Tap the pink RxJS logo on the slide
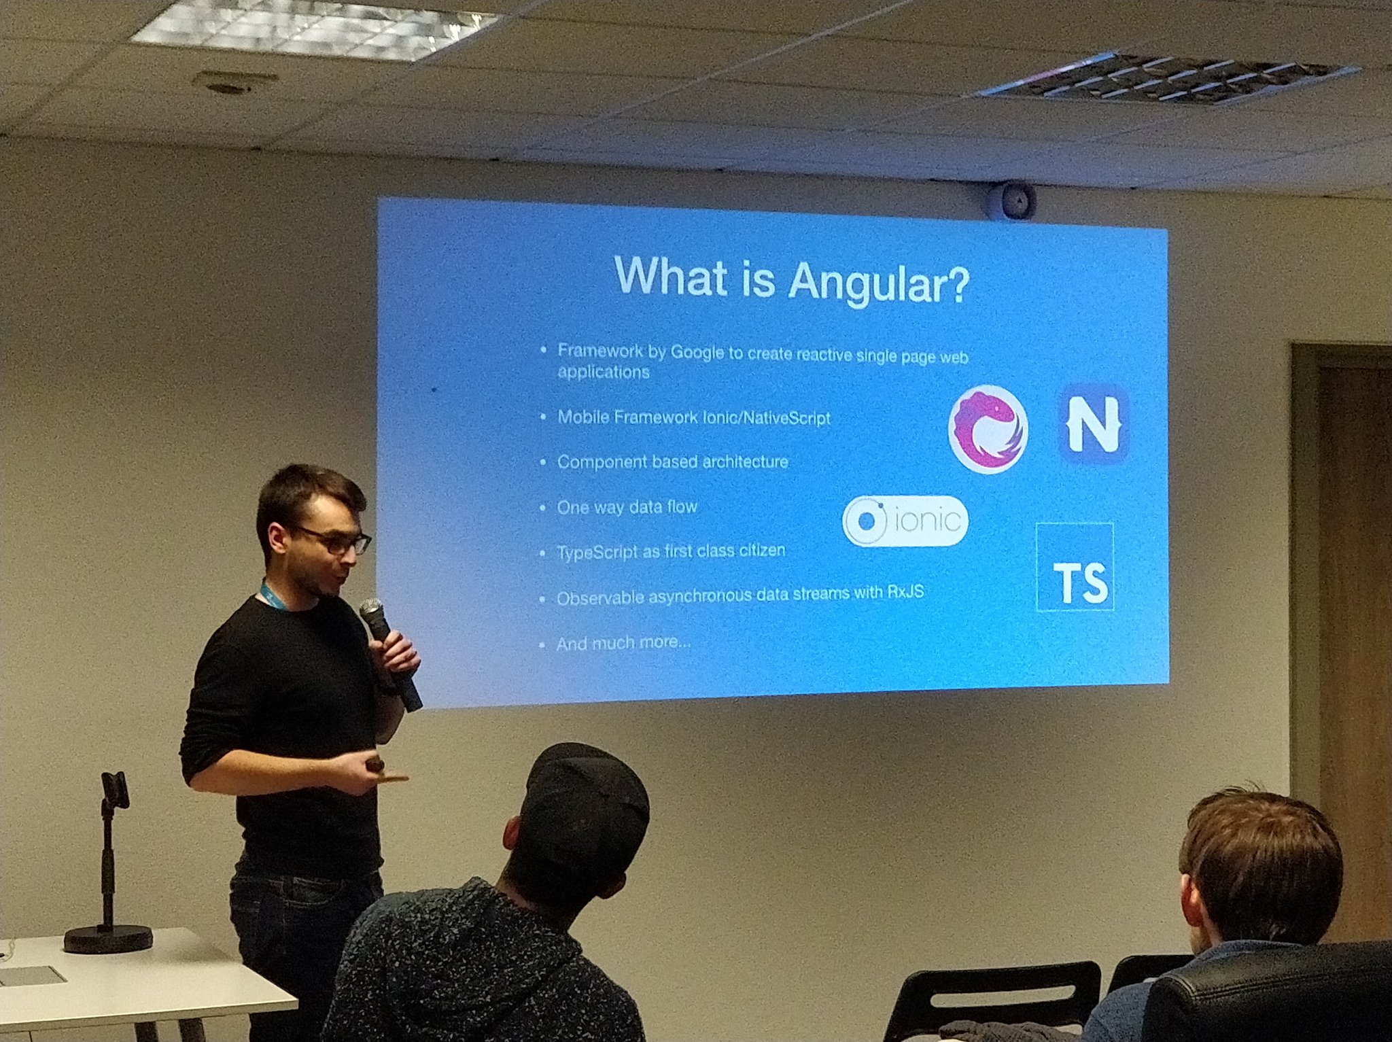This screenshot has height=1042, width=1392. tap(988, 429)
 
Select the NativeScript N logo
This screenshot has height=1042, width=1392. tap(1094, 424)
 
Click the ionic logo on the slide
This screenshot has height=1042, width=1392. tap(905, 521)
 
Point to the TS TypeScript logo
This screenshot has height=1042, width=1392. tap(1075, 567)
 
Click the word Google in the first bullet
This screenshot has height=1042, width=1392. tap(697, 352)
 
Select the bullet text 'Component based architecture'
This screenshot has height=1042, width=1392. tap(673, 462)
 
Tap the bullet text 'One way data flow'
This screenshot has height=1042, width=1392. tap(627, 507)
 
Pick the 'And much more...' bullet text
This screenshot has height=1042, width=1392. tap(623, 642)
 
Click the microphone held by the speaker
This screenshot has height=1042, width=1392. tap(389, 653)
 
